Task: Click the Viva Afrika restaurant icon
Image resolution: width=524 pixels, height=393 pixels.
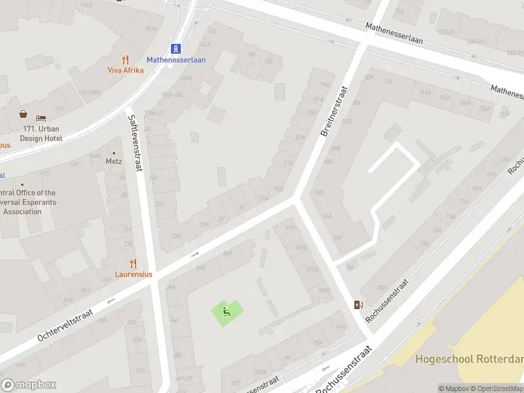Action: point(126,60)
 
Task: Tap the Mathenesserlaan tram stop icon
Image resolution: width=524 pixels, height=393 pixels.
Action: point(176,48)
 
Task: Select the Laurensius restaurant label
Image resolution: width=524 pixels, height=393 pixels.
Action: point(134,274)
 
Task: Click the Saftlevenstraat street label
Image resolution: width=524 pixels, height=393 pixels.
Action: point(136,141)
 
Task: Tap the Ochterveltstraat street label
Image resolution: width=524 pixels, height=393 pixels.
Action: point(65,326)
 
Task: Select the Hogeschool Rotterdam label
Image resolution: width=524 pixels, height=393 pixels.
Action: point(469,359)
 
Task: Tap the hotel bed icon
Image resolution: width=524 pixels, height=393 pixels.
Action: point(41,118)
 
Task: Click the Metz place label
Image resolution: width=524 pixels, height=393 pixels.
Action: point(113,160)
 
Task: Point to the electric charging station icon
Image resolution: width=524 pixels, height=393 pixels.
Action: point(358,305)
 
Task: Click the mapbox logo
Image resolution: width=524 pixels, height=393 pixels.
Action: point(29,385)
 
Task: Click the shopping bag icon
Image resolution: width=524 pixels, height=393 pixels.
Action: point(24,114)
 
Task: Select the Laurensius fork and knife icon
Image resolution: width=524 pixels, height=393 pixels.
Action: point(134,263)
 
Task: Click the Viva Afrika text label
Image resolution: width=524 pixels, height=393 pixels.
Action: point(126,70)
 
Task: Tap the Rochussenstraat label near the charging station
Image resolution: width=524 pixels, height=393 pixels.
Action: point(388,301)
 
